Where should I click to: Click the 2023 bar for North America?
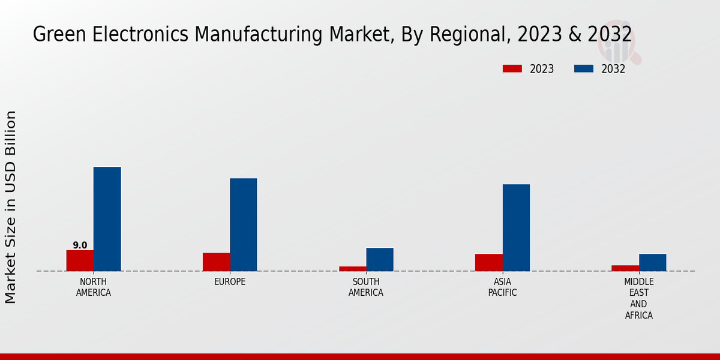pos(80,260)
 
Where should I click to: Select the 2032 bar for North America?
pos(107,219)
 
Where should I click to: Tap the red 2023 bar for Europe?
pos(216,262)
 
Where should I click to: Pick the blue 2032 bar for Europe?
pos(243,224)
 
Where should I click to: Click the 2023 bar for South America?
pos(352,268)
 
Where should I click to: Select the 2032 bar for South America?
pos(380,259)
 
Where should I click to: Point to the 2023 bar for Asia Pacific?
pos(488,262)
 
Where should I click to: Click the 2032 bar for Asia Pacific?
pos(516,227)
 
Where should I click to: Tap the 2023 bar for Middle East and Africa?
pos(625,268)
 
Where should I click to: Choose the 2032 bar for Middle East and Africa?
pos(652,262)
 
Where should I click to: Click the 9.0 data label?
pos(80,245)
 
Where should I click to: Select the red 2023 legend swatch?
pos(512,69)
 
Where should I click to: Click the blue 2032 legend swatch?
pos(583,69)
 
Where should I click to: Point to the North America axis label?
pos(94,287)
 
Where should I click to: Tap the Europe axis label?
pos(230,282)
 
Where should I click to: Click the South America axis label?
pos(366,287)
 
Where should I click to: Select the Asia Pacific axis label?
pos(502,287)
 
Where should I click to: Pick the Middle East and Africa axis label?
pos(639,298)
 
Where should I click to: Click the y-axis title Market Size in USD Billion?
pos(11,207)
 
